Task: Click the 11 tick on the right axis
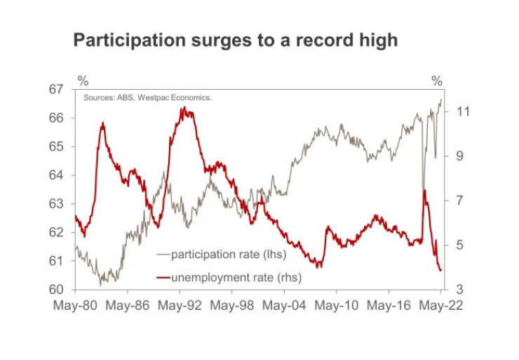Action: [462, 112]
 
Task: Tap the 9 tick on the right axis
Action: [459, 156]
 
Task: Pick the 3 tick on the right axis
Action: [459, 290]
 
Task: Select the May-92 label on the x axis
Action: [179, 306]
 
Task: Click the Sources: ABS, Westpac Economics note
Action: [147, 98]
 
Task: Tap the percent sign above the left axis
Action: [82, 81]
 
